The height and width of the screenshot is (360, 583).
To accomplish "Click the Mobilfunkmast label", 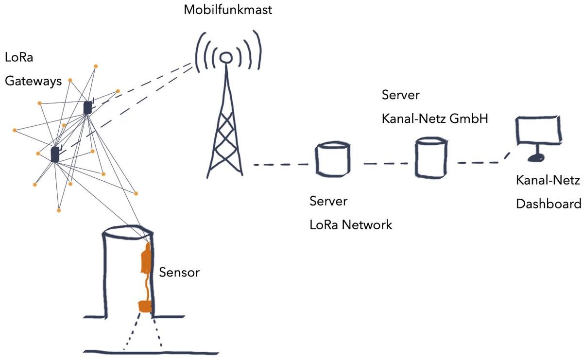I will (x=227, y=10).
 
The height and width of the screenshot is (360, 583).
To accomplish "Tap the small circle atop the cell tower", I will (x=224, y=57).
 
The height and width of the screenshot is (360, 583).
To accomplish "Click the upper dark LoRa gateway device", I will (x=87, y=107).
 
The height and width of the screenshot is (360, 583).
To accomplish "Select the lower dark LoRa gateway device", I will (x=55, y=154).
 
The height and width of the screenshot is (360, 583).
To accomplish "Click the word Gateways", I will (x=34, y=81).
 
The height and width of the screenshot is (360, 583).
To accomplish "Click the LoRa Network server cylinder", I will (x=332, y=159).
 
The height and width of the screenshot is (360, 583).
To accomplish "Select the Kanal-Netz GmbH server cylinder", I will (x=431, y=156).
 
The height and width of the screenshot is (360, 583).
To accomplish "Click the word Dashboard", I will (x=548, y=204).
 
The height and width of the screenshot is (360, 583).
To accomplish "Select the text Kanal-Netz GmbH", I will (x=434, y=118).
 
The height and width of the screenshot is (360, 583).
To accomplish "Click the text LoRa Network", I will (x=350, y=225).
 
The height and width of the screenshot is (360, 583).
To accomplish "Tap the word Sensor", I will (x=179, y=272).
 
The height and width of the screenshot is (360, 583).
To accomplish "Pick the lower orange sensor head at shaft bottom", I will (x=145, y=306).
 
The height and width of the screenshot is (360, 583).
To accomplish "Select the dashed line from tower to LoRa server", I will (x=280, y=165).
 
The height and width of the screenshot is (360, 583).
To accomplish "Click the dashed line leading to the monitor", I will (x=481, y=162).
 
